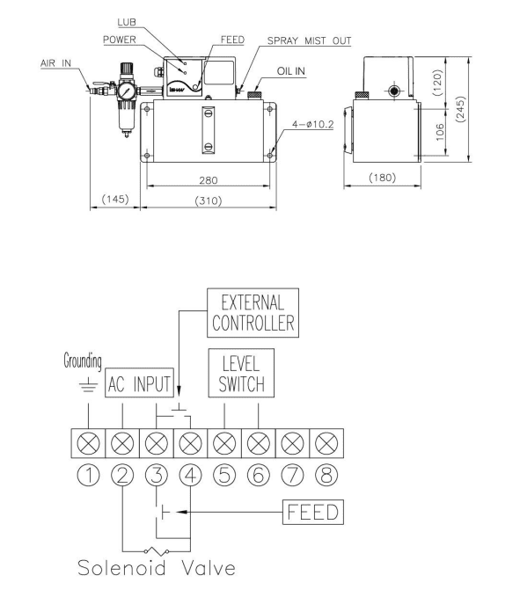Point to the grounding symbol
click(88, 385)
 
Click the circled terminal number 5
click(224, 475)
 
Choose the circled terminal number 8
click(326, 475)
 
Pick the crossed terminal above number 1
click(88, 443)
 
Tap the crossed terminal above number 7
click(292, 443)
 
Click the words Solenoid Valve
click(157, 567)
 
